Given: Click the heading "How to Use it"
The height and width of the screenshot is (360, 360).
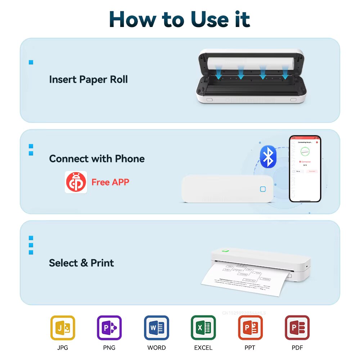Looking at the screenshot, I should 180,19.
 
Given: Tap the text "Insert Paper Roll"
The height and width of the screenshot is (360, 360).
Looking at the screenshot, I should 88,79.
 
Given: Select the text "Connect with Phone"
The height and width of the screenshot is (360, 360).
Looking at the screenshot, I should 97,159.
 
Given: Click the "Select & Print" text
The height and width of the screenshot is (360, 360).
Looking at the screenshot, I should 81,263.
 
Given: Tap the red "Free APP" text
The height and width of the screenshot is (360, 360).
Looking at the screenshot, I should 110,182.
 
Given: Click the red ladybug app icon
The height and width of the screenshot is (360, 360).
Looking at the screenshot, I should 76,182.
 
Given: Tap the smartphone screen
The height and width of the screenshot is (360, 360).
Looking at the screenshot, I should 305,168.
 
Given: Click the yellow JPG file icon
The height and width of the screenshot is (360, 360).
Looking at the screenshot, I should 63,328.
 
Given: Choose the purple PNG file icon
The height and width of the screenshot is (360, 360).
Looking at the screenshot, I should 109,328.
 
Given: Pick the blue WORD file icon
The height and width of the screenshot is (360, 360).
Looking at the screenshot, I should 157,328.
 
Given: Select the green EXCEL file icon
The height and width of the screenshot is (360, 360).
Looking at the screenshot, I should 203,328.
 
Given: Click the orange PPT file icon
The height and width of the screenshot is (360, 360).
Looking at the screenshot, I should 250,328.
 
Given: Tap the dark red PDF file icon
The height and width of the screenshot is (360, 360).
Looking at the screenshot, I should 297,328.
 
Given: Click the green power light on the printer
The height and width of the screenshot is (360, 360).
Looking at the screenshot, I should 226,251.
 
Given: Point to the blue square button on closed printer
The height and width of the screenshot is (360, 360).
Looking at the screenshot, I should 263,189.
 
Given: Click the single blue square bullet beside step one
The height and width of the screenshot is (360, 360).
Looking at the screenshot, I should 31,62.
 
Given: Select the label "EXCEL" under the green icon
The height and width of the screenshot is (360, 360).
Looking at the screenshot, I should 203,348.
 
